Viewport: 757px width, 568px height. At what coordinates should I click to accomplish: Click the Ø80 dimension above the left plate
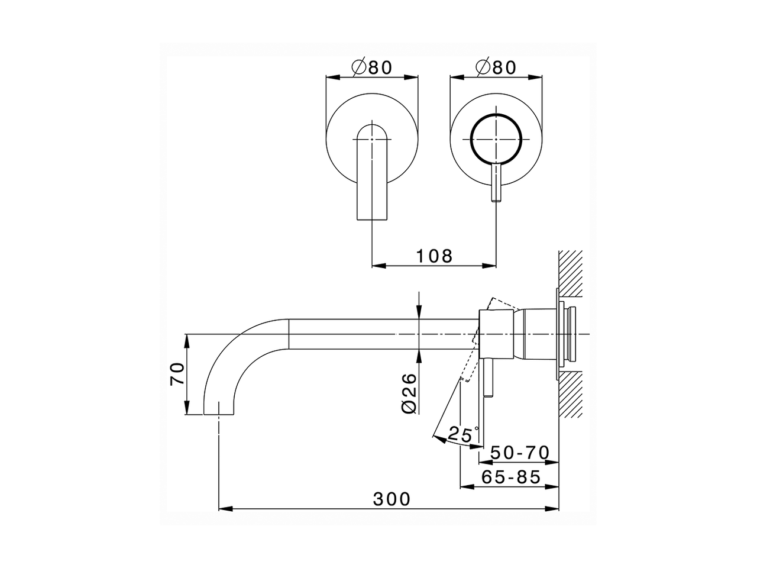tap(372, 67)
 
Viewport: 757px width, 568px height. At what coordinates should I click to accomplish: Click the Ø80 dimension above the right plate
tap(496, 67)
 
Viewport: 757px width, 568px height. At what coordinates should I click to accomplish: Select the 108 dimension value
tap(434, 256)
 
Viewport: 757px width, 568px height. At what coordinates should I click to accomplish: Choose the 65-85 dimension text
tap(511, 477)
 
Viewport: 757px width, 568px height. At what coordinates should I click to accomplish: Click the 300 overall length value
tap(392, 499)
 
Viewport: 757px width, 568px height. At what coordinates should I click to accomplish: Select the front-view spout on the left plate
tap(372, 177)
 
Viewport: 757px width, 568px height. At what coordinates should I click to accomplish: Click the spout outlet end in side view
tap(219, 408)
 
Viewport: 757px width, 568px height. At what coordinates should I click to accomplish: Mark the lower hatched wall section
tap(571, 393)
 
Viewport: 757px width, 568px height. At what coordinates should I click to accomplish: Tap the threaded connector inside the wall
tap(571, 334)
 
